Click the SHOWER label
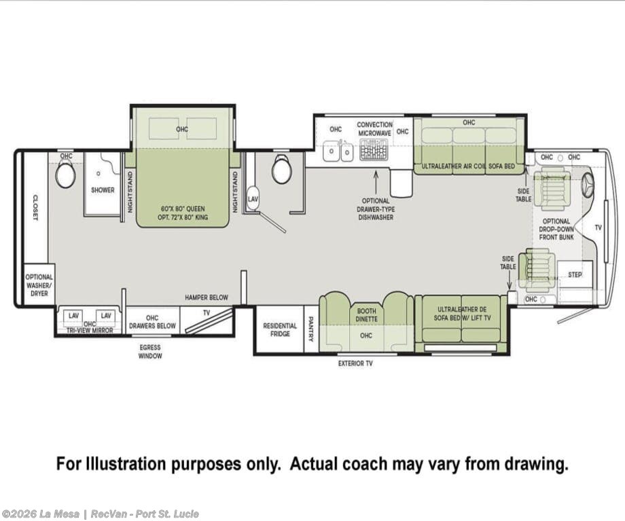click(x=103, y=190)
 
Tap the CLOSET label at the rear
click(x=35, y=207)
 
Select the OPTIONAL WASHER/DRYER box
click(x=39, y=285)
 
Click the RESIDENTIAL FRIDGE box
click(x=280, y=329)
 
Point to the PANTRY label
click(x=311, y=329)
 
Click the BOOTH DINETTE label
click(x=366, y=315)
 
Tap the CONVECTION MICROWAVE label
click(x=374, y=129)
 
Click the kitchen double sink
click(x=338, y=151)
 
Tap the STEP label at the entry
click(x=574, y=274)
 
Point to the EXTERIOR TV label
click(x=355, y=363)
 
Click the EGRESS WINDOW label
click(x=150, y=352)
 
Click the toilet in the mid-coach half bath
click(x=281, y=169)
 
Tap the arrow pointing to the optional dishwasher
click(x=376, y=181)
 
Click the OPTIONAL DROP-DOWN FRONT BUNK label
click(x=556, y=229)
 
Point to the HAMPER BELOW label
click(x=207, y=298)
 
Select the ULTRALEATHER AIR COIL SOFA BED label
click(x=468, y=166)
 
